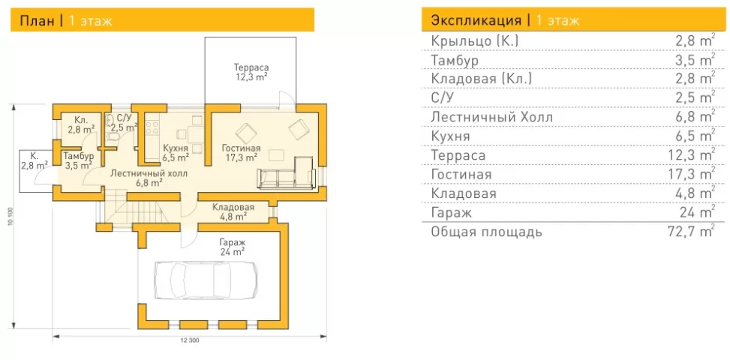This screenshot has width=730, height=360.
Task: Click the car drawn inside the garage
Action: pos(206,280)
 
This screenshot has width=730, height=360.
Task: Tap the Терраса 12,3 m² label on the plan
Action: pos(251,72)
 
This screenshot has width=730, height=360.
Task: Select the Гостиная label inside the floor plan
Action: pos(241,148)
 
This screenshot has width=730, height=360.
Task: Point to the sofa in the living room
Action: pos(286,174)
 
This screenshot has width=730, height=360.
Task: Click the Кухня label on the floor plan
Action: pos(176,148)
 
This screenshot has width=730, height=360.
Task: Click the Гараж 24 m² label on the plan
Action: pos(233,247)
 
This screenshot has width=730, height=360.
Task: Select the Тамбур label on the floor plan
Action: pos(79,156)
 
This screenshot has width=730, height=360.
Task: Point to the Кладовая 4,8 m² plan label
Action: pos(233,211)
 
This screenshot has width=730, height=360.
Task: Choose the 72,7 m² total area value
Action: pos(690,231)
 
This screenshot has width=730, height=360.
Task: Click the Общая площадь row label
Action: pos(486,232)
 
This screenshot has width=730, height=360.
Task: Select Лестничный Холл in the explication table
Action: pos(491,117)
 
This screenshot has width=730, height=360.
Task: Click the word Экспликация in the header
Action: pos(476,21)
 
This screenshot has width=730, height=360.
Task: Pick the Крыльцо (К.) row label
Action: pos(475,41)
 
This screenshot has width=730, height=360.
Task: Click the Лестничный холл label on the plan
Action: pos(149,174)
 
